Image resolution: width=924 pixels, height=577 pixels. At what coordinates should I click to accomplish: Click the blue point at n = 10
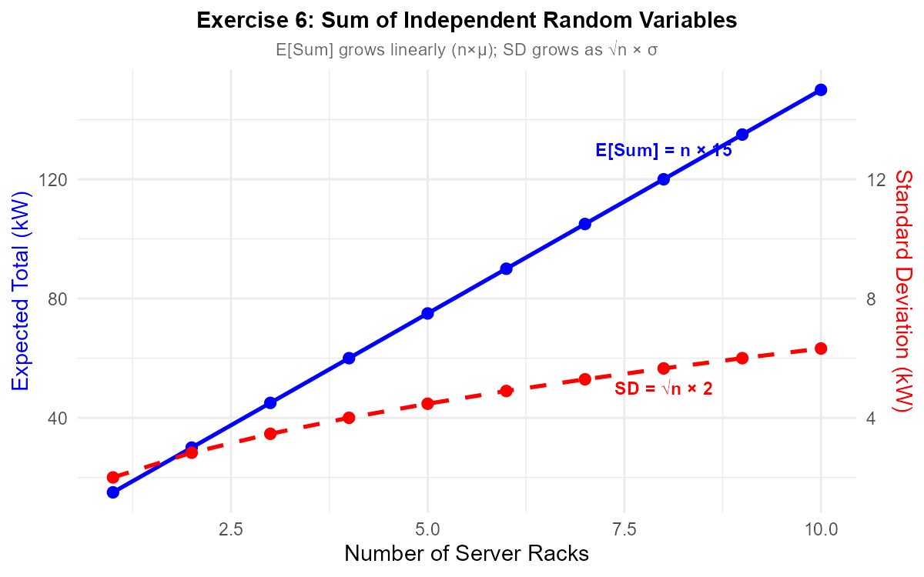(821, 90)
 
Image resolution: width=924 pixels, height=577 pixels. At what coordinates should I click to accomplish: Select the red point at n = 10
(821, 349)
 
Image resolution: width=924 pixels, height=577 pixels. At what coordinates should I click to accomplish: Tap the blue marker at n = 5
(427, 313)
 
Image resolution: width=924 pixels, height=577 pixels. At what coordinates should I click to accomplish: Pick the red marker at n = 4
(349, 418)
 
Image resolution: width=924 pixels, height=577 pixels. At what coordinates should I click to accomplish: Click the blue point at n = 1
(113, 492)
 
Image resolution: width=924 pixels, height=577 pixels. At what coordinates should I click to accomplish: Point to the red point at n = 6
(506, 391)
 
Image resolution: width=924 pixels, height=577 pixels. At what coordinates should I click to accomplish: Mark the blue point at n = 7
(585, 224)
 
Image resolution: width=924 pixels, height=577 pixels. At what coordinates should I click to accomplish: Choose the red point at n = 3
(270, 433)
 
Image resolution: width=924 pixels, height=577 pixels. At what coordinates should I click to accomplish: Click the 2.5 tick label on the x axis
(231, 530)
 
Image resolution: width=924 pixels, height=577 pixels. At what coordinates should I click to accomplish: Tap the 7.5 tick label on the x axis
(624, 530)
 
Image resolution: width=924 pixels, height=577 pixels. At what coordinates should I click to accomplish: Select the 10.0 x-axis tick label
(821, 530)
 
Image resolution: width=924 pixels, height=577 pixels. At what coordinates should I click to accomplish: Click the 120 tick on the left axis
(59, 179)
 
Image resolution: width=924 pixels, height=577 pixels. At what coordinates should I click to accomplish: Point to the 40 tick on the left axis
(62, 418)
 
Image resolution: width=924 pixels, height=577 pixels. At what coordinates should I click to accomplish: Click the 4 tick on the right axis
(871, 418)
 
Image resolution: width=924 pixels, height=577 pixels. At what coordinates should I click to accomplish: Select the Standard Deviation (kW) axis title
(903, 291)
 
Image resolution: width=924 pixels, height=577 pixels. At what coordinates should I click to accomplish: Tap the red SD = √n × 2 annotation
(664, 389)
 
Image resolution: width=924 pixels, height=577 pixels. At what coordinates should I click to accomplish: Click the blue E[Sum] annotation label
(662, 151)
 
